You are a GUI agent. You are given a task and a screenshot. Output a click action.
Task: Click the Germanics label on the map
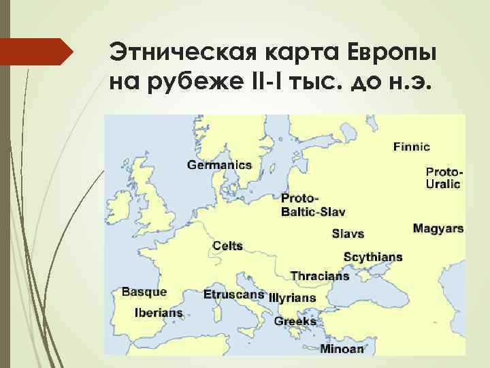[x=219, y=165]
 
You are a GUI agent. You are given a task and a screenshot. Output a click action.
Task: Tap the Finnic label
[x=411, y=147]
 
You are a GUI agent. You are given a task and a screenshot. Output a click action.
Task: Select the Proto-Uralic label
[x=443, y=177]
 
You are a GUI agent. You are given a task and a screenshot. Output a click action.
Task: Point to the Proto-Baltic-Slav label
[x=313, y=205]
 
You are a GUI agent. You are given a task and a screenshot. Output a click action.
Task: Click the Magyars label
[x=438, y=228]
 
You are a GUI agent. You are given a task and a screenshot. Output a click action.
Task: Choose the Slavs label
[x=348, y=234]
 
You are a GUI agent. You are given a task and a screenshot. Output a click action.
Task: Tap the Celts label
[x=227, y=245]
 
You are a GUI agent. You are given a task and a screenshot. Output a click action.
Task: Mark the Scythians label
[x=372, y=258]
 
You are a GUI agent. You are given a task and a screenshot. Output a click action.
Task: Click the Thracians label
[x=319, y=276]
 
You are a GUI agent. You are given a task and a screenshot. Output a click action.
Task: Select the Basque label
[x=144, y=292]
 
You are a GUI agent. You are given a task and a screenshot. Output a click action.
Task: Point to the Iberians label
[x=159, y=313]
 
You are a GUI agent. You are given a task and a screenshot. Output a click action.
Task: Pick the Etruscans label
[x=233, y=294]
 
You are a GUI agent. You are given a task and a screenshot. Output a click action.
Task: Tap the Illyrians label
[x=293, y=298]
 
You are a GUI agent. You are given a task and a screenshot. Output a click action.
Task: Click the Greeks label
[x=295, y=321]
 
